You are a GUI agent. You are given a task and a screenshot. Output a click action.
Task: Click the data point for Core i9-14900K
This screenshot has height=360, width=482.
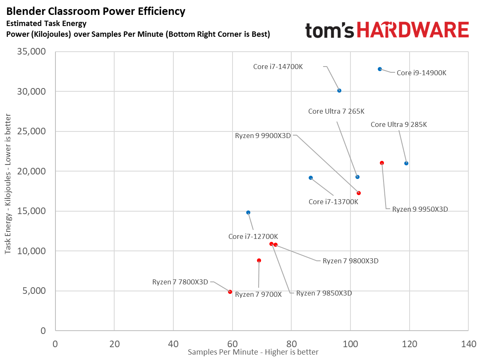pos(380,69)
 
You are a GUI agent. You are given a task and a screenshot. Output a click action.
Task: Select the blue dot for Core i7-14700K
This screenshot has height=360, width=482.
pos(339,91)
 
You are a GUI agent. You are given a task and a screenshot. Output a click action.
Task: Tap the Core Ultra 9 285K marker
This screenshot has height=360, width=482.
pos(406,163)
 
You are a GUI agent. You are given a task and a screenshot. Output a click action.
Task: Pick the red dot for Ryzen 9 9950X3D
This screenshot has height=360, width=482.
pos(382,163)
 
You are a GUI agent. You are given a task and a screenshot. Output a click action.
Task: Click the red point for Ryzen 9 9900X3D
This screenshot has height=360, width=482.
pos(359,193)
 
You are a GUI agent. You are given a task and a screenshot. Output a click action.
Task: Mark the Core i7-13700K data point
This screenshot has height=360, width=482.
pos(311,178)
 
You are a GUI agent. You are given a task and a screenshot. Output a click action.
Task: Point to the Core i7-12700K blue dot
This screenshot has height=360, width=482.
pos(248,212)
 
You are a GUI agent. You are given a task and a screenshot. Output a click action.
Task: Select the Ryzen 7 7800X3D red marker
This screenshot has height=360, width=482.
pos(230,292)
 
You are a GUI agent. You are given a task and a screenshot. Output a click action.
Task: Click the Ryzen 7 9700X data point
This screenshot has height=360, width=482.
pos(259,260)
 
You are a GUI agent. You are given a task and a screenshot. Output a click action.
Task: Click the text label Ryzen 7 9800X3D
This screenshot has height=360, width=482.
pos(350,261)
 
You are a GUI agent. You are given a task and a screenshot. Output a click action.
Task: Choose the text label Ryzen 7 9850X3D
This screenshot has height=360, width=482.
pos(324,293)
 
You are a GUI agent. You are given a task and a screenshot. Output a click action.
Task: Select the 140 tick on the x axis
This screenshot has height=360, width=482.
pos(468,344)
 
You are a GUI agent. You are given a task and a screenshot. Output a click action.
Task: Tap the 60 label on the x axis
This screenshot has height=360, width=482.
pos(233,344)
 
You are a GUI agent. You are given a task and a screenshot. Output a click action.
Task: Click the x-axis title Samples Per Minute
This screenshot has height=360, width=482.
pos(253,352)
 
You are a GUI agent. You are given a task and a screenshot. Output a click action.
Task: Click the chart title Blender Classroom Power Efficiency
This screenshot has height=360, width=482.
pos(96,12)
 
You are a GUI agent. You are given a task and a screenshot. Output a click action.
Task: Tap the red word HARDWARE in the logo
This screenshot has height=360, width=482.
pos(412,31)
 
